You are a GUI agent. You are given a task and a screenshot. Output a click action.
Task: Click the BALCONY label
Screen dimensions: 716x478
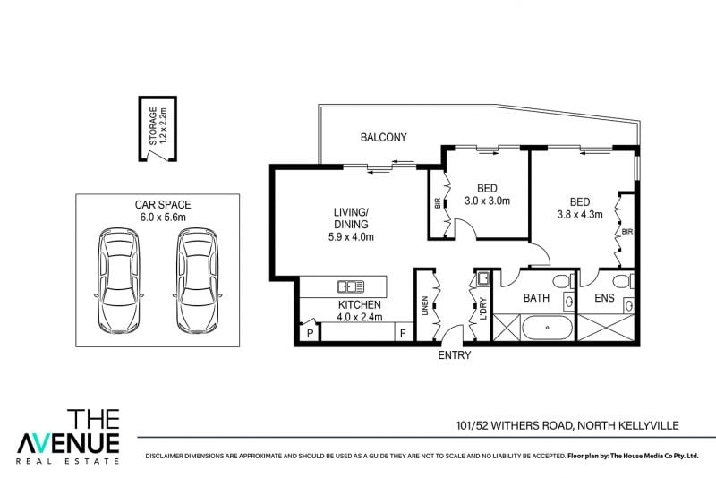coord(384,138)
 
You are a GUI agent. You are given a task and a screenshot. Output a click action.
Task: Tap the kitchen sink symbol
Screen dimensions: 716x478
coord(351,286)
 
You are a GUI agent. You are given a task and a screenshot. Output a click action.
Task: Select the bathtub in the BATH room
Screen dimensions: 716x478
coord(547,328)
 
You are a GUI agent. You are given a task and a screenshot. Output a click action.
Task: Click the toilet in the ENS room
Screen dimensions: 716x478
coord(623,281)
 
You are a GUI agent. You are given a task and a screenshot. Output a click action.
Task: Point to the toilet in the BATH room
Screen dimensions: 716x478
coord(564,281)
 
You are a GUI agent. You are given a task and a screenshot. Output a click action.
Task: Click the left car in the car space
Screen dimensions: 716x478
coord(119,281)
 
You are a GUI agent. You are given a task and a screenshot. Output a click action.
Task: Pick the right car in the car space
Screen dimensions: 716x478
coord(197,281)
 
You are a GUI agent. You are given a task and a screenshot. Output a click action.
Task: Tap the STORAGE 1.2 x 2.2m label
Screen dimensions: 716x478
coord(158,126)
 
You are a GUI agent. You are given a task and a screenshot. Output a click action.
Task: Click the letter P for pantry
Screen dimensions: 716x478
coord(310,333)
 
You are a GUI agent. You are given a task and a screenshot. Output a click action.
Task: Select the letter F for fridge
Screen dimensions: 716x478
coord(403,333)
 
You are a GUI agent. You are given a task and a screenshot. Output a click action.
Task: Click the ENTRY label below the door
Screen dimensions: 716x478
coord(455,355)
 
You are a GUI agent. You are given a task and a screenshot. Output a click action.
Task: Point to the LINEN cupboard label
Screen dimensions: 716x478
coord(425,306)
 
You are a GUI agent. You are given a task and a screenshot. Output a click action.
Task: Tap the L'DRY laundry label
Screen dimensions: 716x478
coord(483,308)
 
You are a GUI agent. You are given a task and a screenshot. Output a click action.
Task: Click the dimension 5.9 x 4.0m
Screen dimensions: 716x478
coord(351,237)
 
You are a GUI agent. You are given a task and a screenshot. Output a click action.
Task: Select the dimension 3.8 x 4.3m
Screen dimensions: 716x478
coord(580,214)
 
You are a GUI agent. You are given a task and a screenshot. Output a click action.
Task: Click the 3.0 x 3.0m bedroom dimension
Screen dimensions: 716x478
coord(487,201)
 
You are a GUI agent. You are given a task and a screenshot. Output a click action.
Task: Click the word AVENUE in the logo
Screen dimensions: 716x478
coord(68,443)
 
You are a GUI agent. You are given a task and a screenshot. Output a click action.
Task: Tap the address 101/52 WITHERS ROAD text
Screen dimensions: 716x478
coord(514,425)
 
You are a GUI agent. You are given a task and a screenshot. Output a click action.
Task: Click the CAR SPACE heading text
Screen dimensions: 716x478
coord(163,205)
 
